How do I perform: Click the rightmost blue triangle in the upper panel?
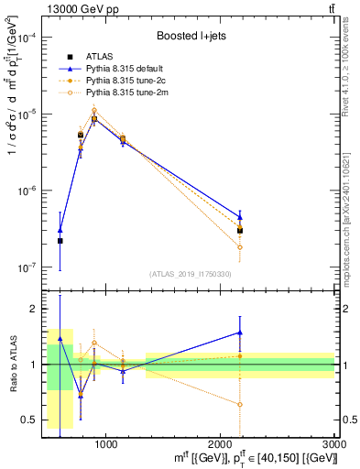point(240,215)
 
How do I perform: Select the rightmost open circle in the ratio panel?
point(240,404)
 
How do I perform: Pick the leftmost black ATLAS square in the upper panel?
point(60,241)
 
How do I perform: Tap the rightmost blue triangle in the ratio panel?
point(240,333)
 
